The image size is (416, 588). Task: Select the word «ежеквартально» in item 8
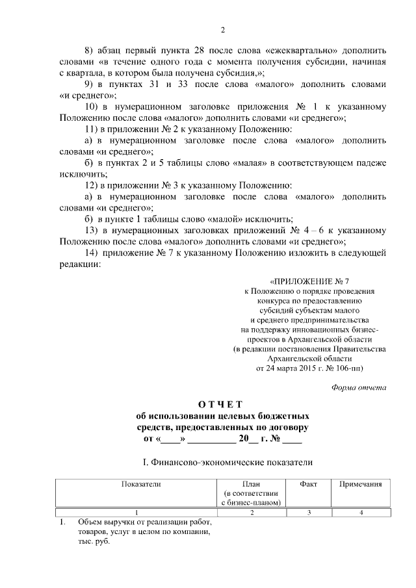(278, 50)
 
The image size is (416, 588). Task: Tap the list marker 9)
(90, 84)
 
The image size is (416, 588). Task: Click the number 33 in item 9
(185, 84)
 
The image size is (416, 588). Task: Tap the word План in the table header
(251, 484)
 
